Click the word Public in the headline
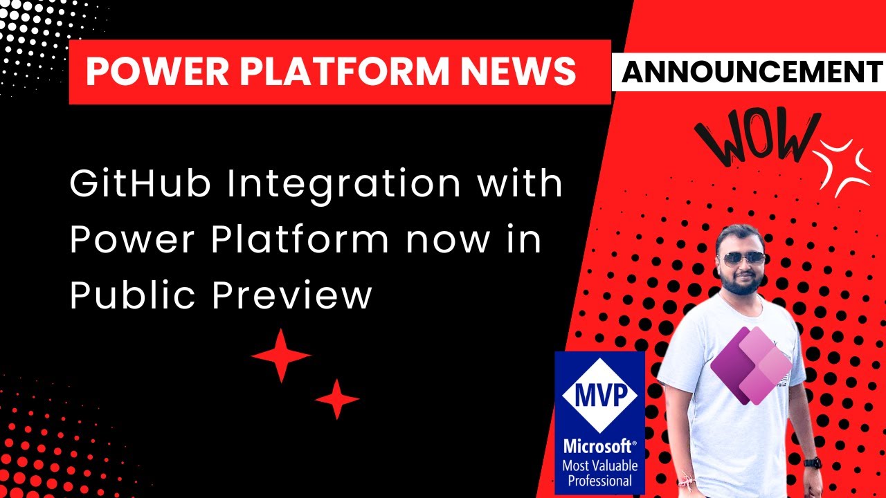(131, 296)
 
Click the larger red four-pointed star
(280, 356)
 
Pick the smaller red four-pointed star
(337, 399)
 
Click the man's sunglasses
(741, 258)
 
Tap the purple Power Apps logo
(750, 365)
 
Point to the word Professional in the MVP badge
(599, 481)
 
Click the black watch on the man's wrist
(813, 462)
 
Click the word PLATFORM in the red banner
(345, 71)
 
